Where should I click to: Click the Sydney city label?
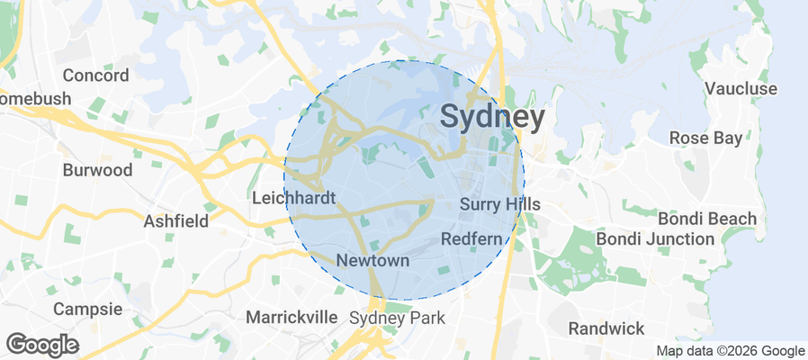(x=492, y=117)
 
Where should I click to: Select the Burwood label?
(x=97, y=169)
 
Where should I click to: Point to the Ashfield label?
(x=176, y=220)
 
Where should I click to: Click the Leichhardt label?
(x=294, y=197)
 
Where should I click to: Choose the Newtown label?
(x=373, y=260)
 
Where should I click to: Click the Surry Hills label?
(x=499, y=204)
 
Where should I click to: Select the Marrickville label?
(x=292, y=317)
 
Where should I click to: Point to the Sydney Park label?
(x=397, y=318)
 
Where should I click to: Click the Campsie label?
(x=87, y=309)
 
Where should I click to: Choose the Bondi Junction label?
(x=655, y=238)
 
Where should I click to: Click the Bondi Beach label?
(x=706, y=219)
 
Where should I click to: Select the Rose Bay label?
(x=706, y=139)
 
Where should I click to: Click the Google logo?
(x=42, y=344)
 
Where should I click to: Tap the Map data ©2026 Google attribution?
(x=730, y=351)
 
